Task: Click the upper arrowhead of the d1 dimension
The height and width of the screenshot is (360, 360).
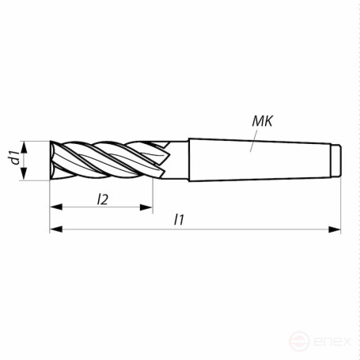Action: point(26,146)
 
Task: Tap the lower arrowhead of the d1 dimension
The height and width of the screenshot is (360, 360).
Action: point(26,176)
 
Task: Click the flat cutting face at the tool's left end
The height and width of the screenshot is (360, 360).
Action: point(51,161)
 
